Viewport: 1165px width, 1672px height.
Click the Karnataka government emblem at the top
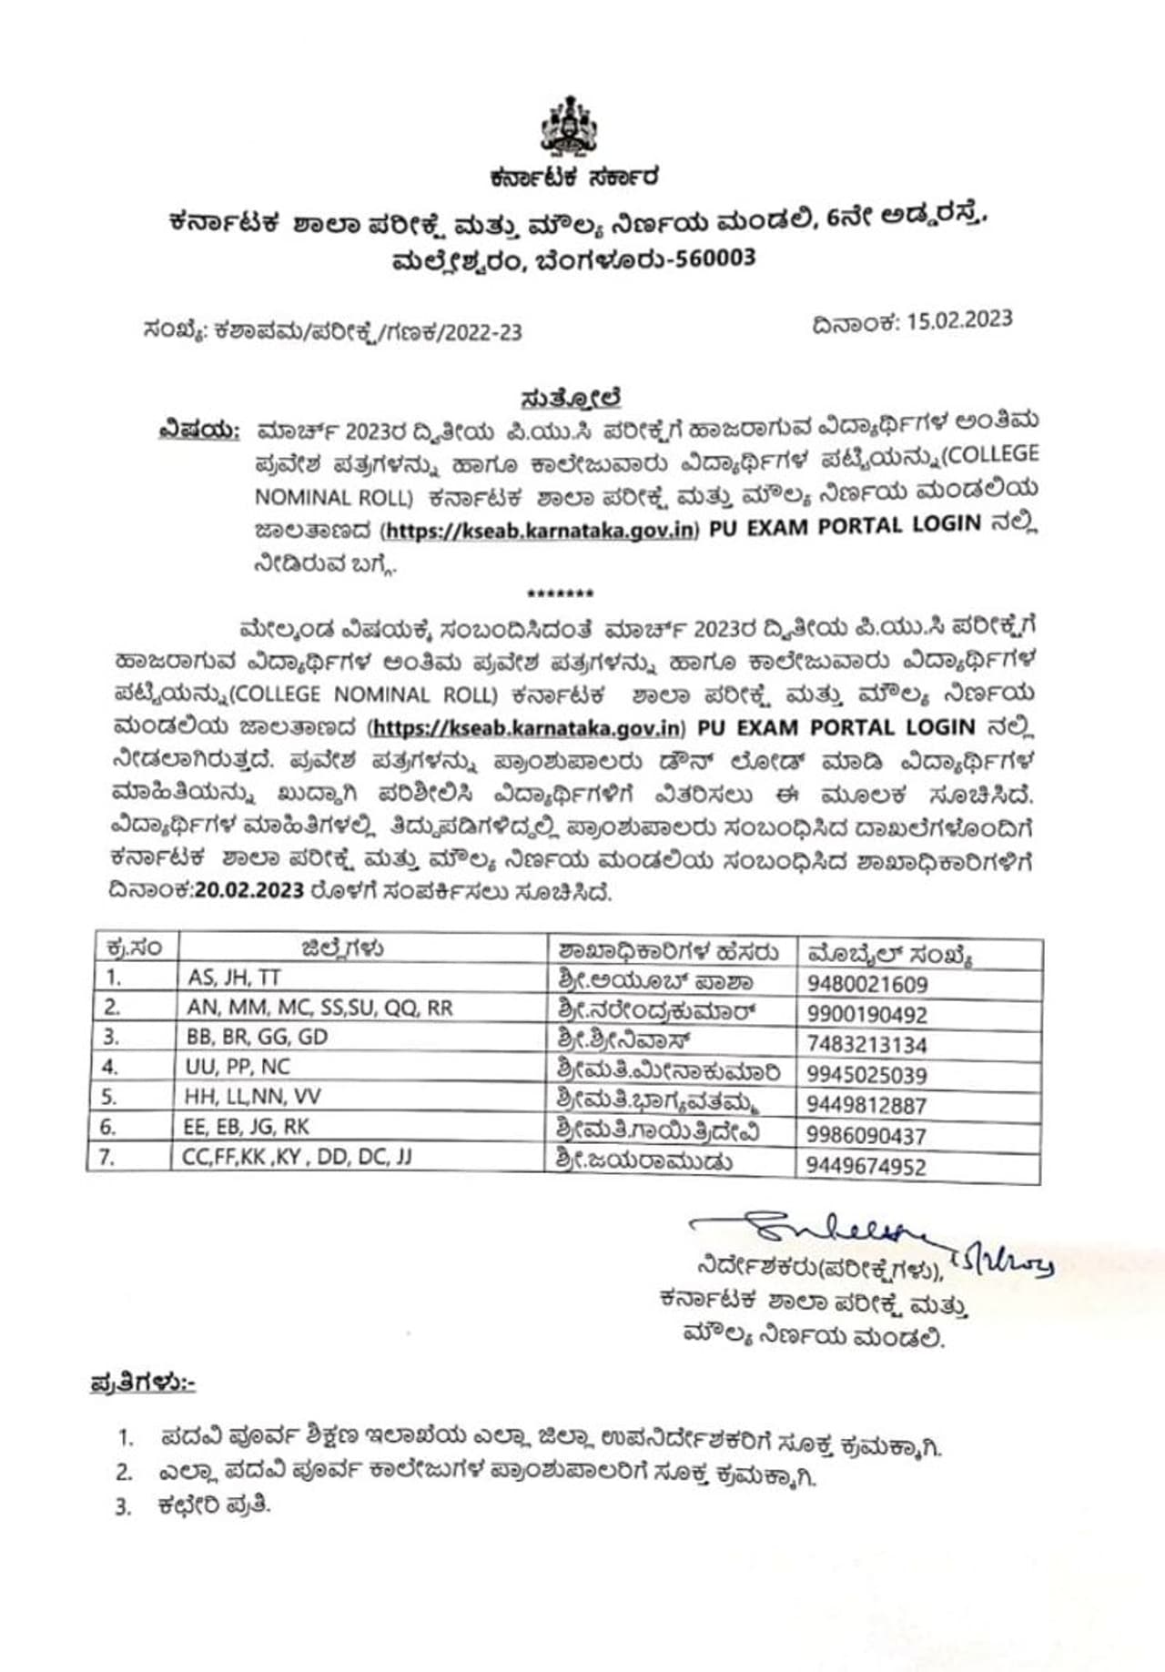(x=570, y=126)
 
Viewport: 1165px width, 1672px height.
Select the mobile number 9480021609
(x=866, y=984)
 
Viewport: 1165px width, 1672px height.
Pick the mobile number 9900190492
(x=866, y=1014)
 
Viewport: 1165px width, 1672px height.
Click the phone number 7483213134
(x=866, y=1044)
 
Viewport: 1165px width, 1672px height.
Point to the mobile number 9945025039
(x=866, y=1075)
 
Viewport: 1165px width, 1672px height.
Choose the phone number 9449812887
(x=866, y=1105)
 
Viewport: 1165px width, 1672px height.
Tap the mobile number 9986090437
(x=866, y=1136)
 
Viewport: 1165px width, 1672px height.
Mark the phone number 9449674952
(x=866, y=1166)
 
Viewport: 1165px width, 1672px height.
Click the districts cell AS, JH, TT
(x=234, y=978)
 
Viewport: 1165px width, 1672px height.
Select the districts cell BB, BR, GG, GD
(x=257, y=1037)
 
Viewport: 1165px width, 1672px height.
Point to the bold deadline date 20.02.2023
(x=248, y=890)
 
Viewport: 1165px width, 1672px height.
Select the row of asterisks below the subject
(x=561, y=593)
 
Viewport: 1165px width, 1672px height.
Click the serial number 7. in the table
(x=106, y=1158)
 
